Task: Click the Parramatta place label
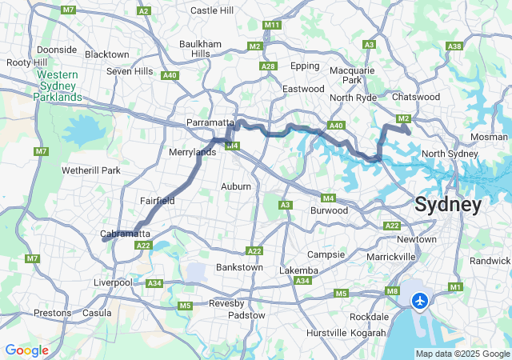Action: point(210,122)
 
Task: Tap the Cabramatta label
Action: point(126,234)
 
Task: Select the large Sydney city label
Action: point(448,205)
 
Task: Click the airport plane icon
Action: point(420,301)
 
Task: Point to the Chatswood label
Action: point(416,97)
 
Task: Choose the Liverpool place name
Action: point(113,282)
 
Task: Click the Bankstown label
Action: point(239,266)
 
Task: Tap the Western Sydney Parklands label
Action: point(58,86)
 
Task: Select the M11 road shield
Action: point(272,26)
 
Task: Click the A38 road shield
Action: point(455,46)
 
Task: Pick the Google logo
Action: point(26,350)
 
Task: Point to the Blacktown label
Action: point(106,54)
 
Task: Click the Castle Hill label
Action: point(212,10)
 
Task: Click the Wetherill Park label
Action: point(90,170)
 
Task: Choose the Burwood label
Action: point(329,210)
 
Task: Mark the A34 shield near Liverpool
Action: point(154,283)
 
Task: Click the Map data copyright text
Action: point(462,354)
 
